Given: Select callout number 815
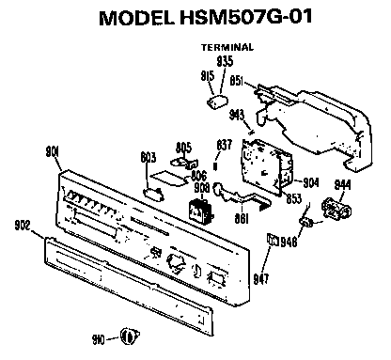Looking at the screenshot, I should coord(208,75).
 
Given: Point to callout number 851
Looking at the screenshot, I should coord(238,82).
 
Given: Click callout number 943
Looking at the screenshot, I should coord(236,114).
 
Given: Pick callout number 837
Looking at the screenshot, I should coord(224,144).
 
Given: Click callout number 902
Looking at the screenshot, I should coord(23,224).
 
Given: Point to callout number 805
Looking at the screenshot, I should coord(184,147).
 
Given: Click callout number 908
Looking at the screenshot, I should coord(200,187).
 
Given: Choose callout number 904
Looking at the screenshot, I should coord(311,183).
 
